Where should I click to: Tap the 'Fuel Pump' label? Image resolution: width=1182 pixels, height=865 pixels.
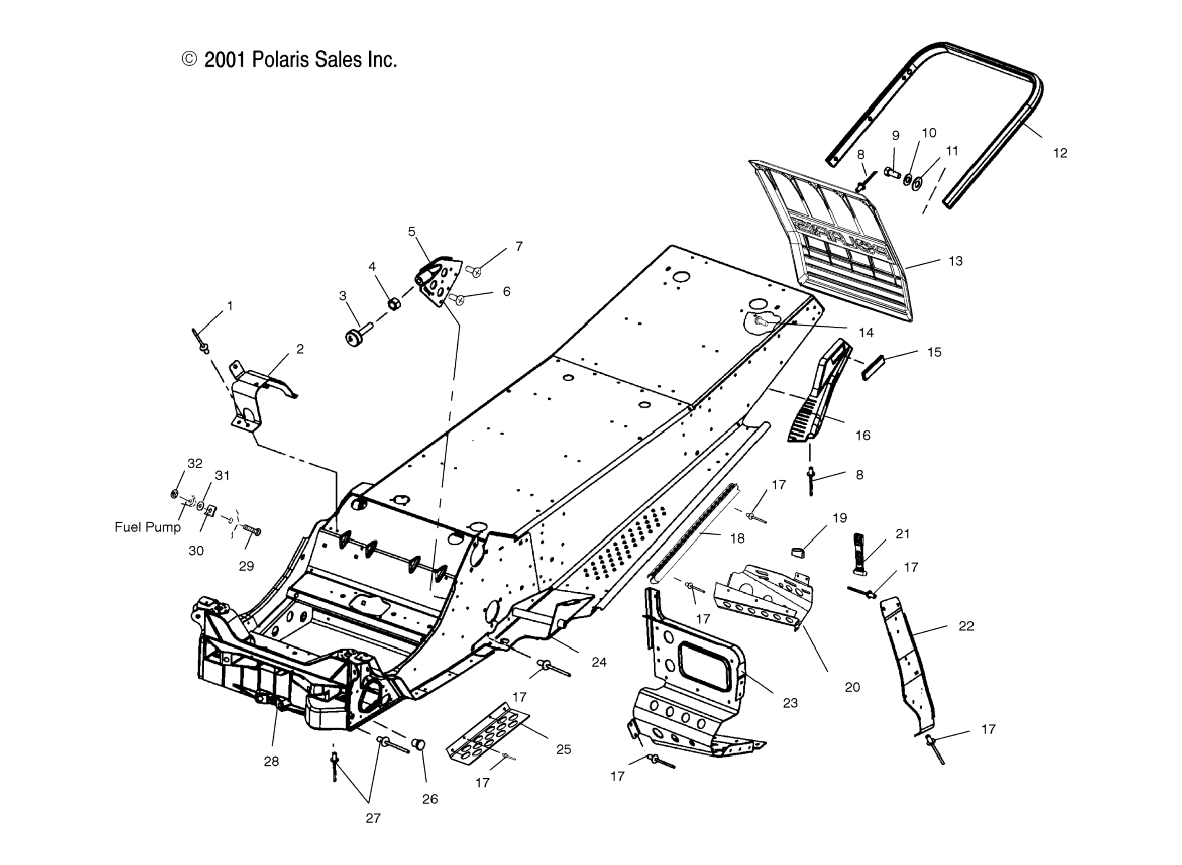tap(147, 527)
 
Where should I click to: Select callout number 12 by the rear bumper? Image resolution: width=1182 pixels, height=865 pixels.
tap(1060, 153)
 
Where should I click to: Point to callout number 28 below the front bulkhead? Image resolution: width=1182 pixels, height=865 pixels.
tap(271, 762)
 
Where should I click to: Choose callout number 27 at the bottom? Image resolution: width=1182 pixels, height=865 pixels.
tap(373, 818)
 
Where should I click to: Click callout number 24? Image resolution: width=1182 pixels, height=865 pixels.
tap(599, 662)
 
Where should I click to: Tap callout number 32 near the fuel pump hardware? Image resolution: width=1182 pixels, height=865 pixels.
tap(194, 463)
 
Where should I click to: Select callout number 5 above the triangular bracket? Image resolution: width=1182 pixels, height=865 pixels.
tap(411, 231)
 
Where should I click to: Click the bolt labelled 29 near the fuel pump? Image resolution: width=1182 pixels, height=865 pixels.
tap(252, 532)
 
